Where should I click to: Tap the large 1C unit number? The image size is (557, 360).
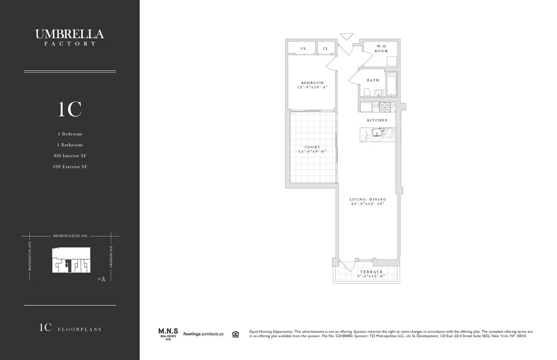pyautogui.click(x=70, y=109)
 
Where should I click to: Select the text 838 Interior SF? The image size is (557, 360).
pyautogui.click(x=70, y=156)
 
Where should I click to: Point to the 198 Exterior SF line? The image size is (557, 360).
pyautogui.click(x=70, y=167)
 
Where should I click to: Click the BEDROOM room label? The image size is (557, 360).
pyautogui.click(x=312, y=83)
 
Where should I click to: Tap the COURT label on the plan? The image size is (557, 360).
pyautogui.click(x=312, y=147)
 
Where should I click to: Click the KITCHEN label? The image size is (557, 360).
pyautogui.click(x=377, y=120)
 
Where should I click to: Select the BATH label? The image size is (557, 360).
pyautogui.click(x=373, y=80)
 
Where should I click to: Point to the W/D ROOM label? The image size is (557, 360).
pyautogui.click(x=381, y=48)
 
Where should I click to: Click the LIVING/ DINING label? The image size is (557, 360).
pyautogui.click(x=368, y=199)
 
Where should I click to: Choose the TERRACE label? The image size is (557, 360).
pyautogui.click(x=371, y=272)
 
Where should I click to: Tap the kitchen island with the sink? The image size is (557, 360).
pyautogui.click(x=377, y=135)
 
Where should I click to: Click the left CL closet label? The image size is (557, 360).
pyautogui.click(x=303, y=48)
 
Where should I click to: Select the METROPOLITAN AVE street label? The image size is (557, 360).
pyautogui.click(x=70, y=236)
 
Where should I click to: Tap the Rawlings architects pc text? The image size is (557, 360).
pyautogui.click(x=203, y=334)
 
